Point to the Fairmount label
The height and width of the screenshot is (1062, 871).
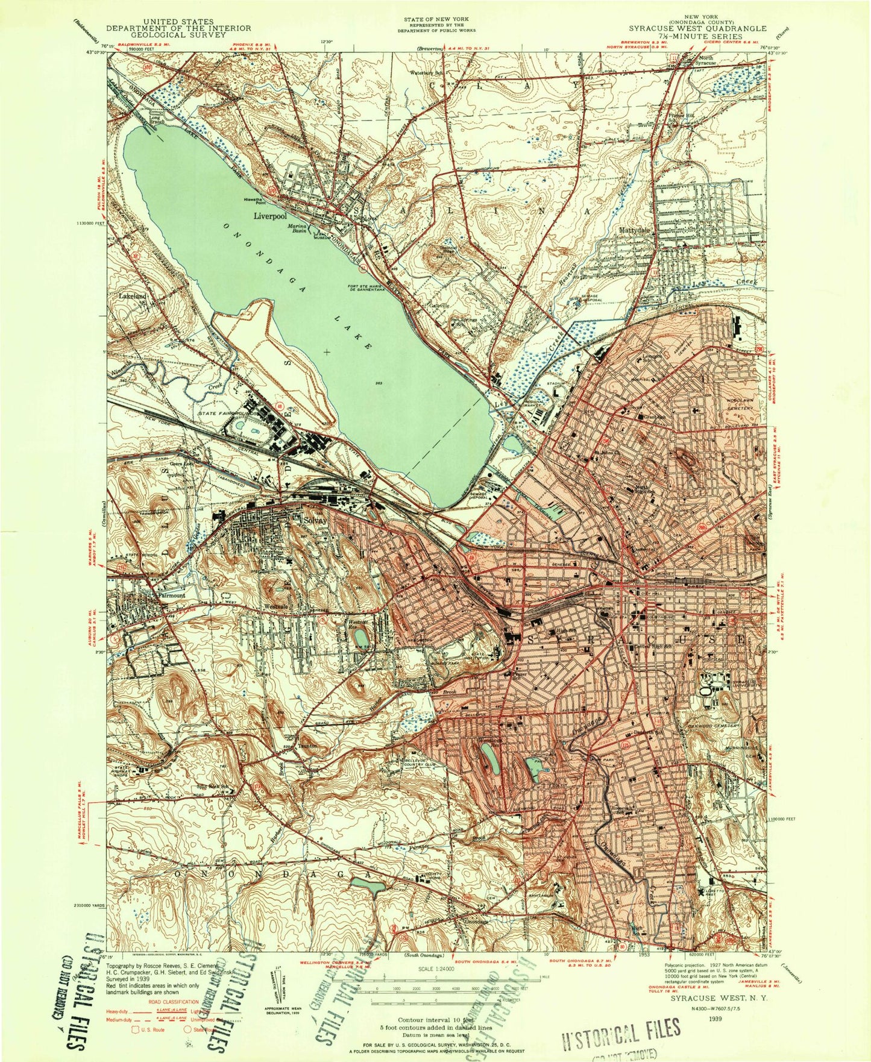172,595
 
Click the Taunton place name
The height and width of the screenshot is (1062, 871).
307,746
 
